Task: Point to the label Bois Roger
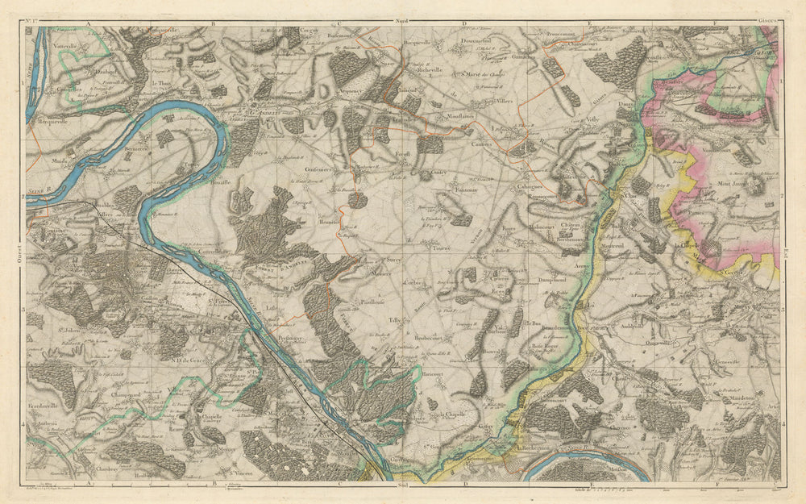545,347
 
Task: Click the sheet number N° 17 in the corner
34,18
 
